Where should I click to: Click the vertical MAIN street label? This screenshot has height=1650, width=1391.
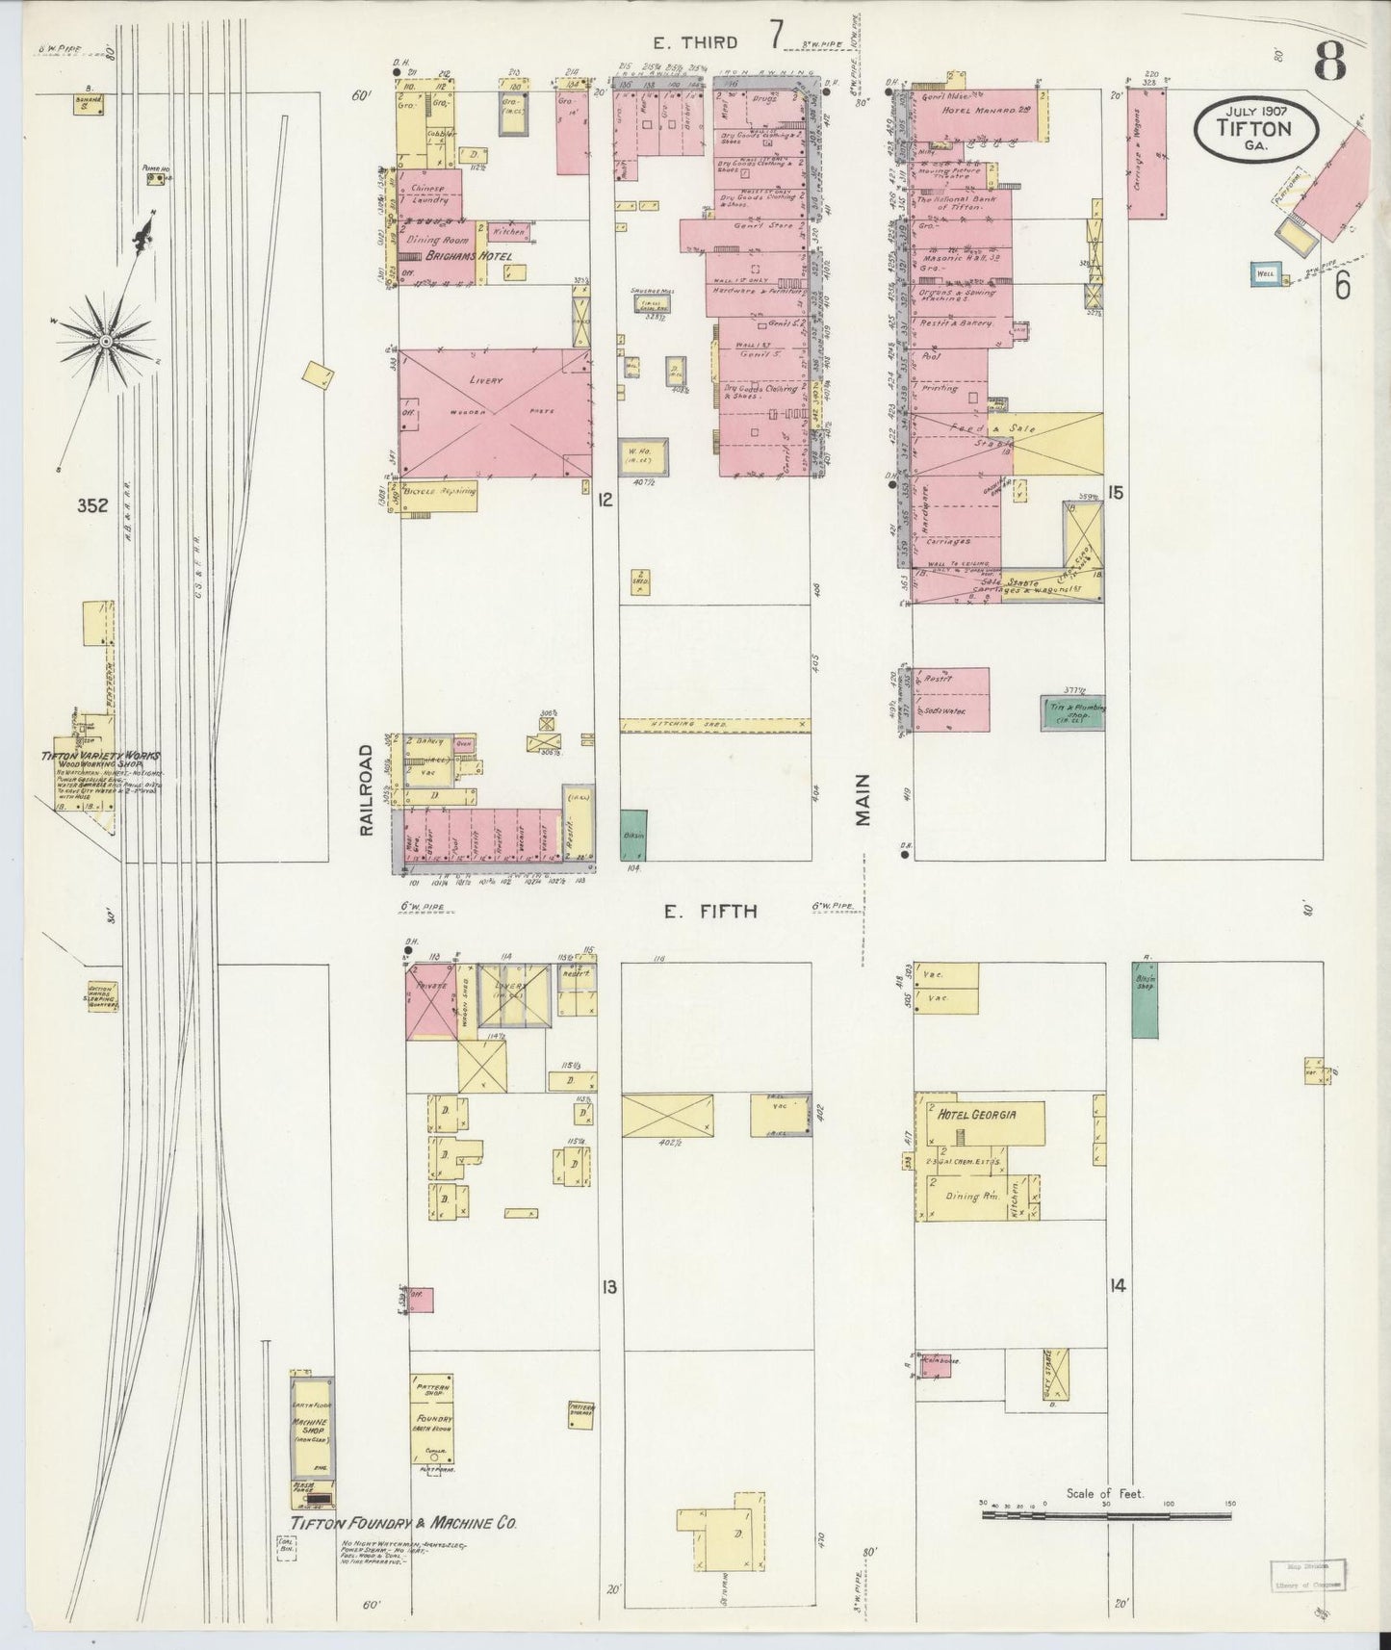tap(863, 799)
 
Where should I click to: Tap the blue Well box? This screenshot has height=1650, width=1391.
tap(1265, 273)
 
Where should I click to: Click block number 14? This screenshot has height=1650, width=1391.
tap(1117, 1285)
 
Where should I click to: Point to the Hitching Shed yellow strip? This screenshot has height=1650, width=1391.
tap(714, 725)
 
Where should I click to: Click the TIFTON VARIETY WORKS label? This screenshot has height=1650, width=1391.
tap(101, 758)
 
